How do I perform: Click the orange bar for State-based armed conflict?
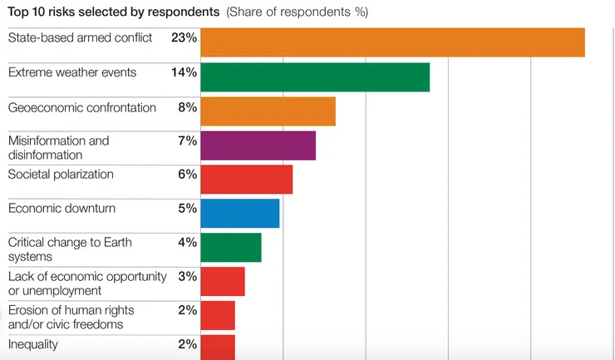pos(392,42)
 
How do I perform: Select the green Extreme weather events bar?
pos(315,76)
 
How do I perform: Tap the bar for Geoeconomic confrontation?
pos(268,111)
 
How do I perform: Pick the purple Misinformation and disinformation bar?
pos(258,145)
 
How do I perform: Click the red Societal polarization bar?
pos(247,180)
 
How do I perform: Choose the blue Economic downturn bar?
pos(240,214)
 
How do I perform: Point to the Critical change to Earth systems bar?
pos(231,248)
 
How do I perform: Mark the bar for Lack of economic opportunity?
pos(223,282)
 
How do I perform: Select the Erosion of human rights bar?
pos(218,316)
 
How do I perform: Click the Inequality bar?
pos(218,347)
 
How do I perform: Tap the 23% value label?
pos(183,38)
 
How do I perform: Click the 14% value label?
pos(183,72)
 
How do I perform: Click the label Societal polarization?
pos(61,175)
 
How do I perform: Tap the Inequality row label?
pos(33,344)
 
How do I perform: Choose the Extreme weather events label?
pos(72,72)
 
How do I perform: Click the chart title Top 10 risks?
pos(114,12)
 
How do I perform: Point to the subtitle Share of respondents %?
pos(297,12)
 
